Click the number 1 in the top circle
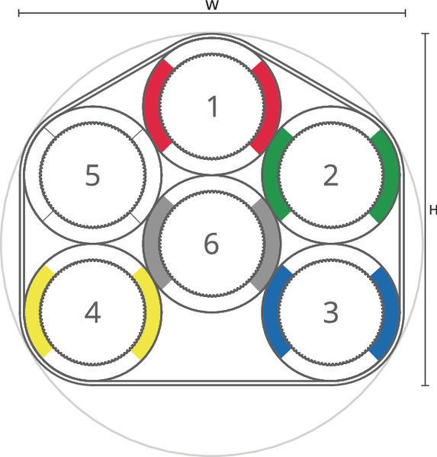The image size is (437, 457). click(x=213, y=107)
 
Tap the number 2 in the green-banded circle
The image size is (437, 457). click(x=331, y=175)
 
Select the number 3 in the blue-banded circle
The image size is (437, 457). click(x=331, y=312)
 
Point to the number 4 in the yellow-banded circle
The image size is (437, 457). click(x=92, y=312)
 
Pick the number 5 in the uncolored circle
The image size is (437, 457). click(x=92, y=175)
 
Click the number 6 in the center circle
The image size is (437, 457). click(x=211, y=244)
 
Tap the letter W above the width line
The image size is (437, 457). click(x=212, y=5)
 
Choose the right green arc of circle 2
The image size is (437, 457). click(x=391, y=176)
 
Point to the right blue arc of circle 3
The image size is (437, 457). click(x=391, y=314)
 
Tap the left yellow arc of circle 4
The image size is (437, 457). click(x=33, y=312)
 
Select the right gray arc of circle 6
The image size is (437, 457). click(x=273, y=244)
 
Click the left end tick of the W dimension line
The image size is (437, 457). click(x=19, y=13)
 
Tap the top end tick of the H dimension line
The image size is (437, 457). click(x=426, y=34)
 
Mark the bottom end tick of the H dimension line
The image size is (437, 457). click(x=426, y=385)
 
